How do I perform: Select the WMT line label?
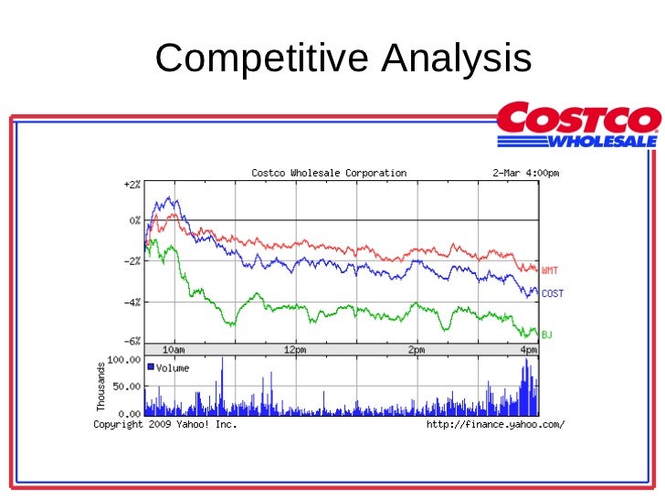[x=551, y=271]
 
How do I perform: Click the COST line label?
[x=553, y=293]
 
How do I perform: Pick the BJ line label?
[x=547, y=335]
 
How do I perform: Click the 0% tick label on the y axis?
[x=134, y=220]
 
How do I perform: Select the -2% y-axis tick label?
[x=132, y=261]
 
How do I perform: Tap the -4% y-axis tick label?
[x=132, y=302]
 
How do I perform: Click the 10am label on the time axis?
[x=174, y=350]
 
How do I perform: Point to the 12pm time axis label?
[x=294, y=350]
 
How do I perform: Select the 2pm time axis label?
[x=417, y=350]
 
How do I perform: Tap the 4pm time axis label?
[x=529, y=350]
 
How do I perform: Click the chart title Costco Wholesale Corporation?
[x=329, y=173]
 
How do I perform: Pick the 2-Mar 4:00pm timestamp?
[x=520, y=173]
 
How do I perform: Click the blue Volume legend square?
[x=151, y=366]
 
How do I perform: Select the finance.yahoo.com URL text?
[x=496, y=424]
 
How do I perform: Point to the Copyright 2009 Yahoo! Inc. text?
[x=165, y=424]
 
